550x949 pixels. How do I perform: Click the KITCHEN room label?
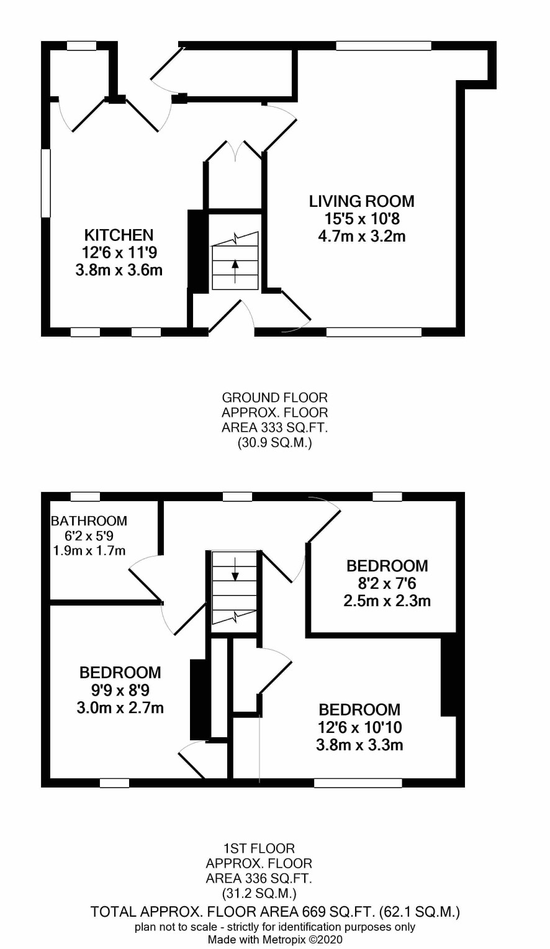(x=119, y=235)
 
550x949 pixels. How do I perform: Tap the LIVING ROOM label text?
(x=361, y=201)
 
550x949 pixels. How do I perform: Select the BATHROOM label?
(x=89, y=520)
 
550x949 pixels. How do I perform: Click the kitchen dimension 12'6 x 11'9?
(x=119, y=253)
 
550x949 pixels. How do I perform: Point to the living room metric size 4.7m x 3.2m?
(x=361, y=236)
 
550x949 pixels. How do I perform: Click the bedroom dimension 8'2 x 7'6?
(x=387, y=583)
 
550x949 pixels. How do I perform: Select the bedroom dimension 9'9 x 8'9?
(x=120, y=690)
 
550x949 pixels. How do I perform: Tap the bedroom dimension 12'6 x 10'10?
(x=359, y=727)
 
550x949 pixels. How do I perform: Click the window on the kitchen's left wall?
(x=46, y=183)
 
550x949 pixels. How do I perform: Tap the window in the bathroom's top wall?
(x=85, y=496)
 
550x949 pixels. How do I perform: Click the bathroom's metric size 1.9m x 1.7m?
(x=89, y=551)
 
